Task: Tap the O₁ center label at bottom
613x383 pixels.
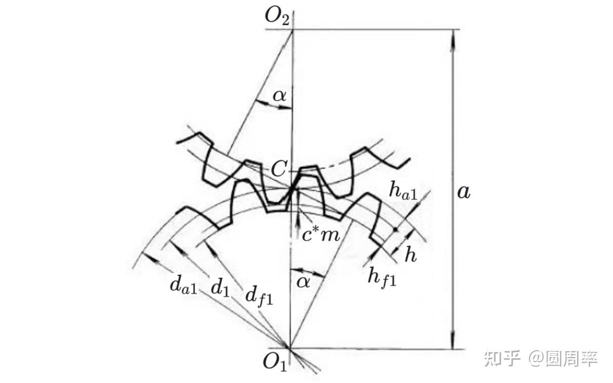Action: coord(276,363)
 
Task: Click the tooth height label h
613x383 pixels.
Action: coord(410,255)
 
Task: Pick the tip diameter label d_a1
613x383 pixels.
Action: coord(183,286)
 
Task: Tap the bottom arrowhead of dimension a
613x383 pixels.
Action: coord(453,342)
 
